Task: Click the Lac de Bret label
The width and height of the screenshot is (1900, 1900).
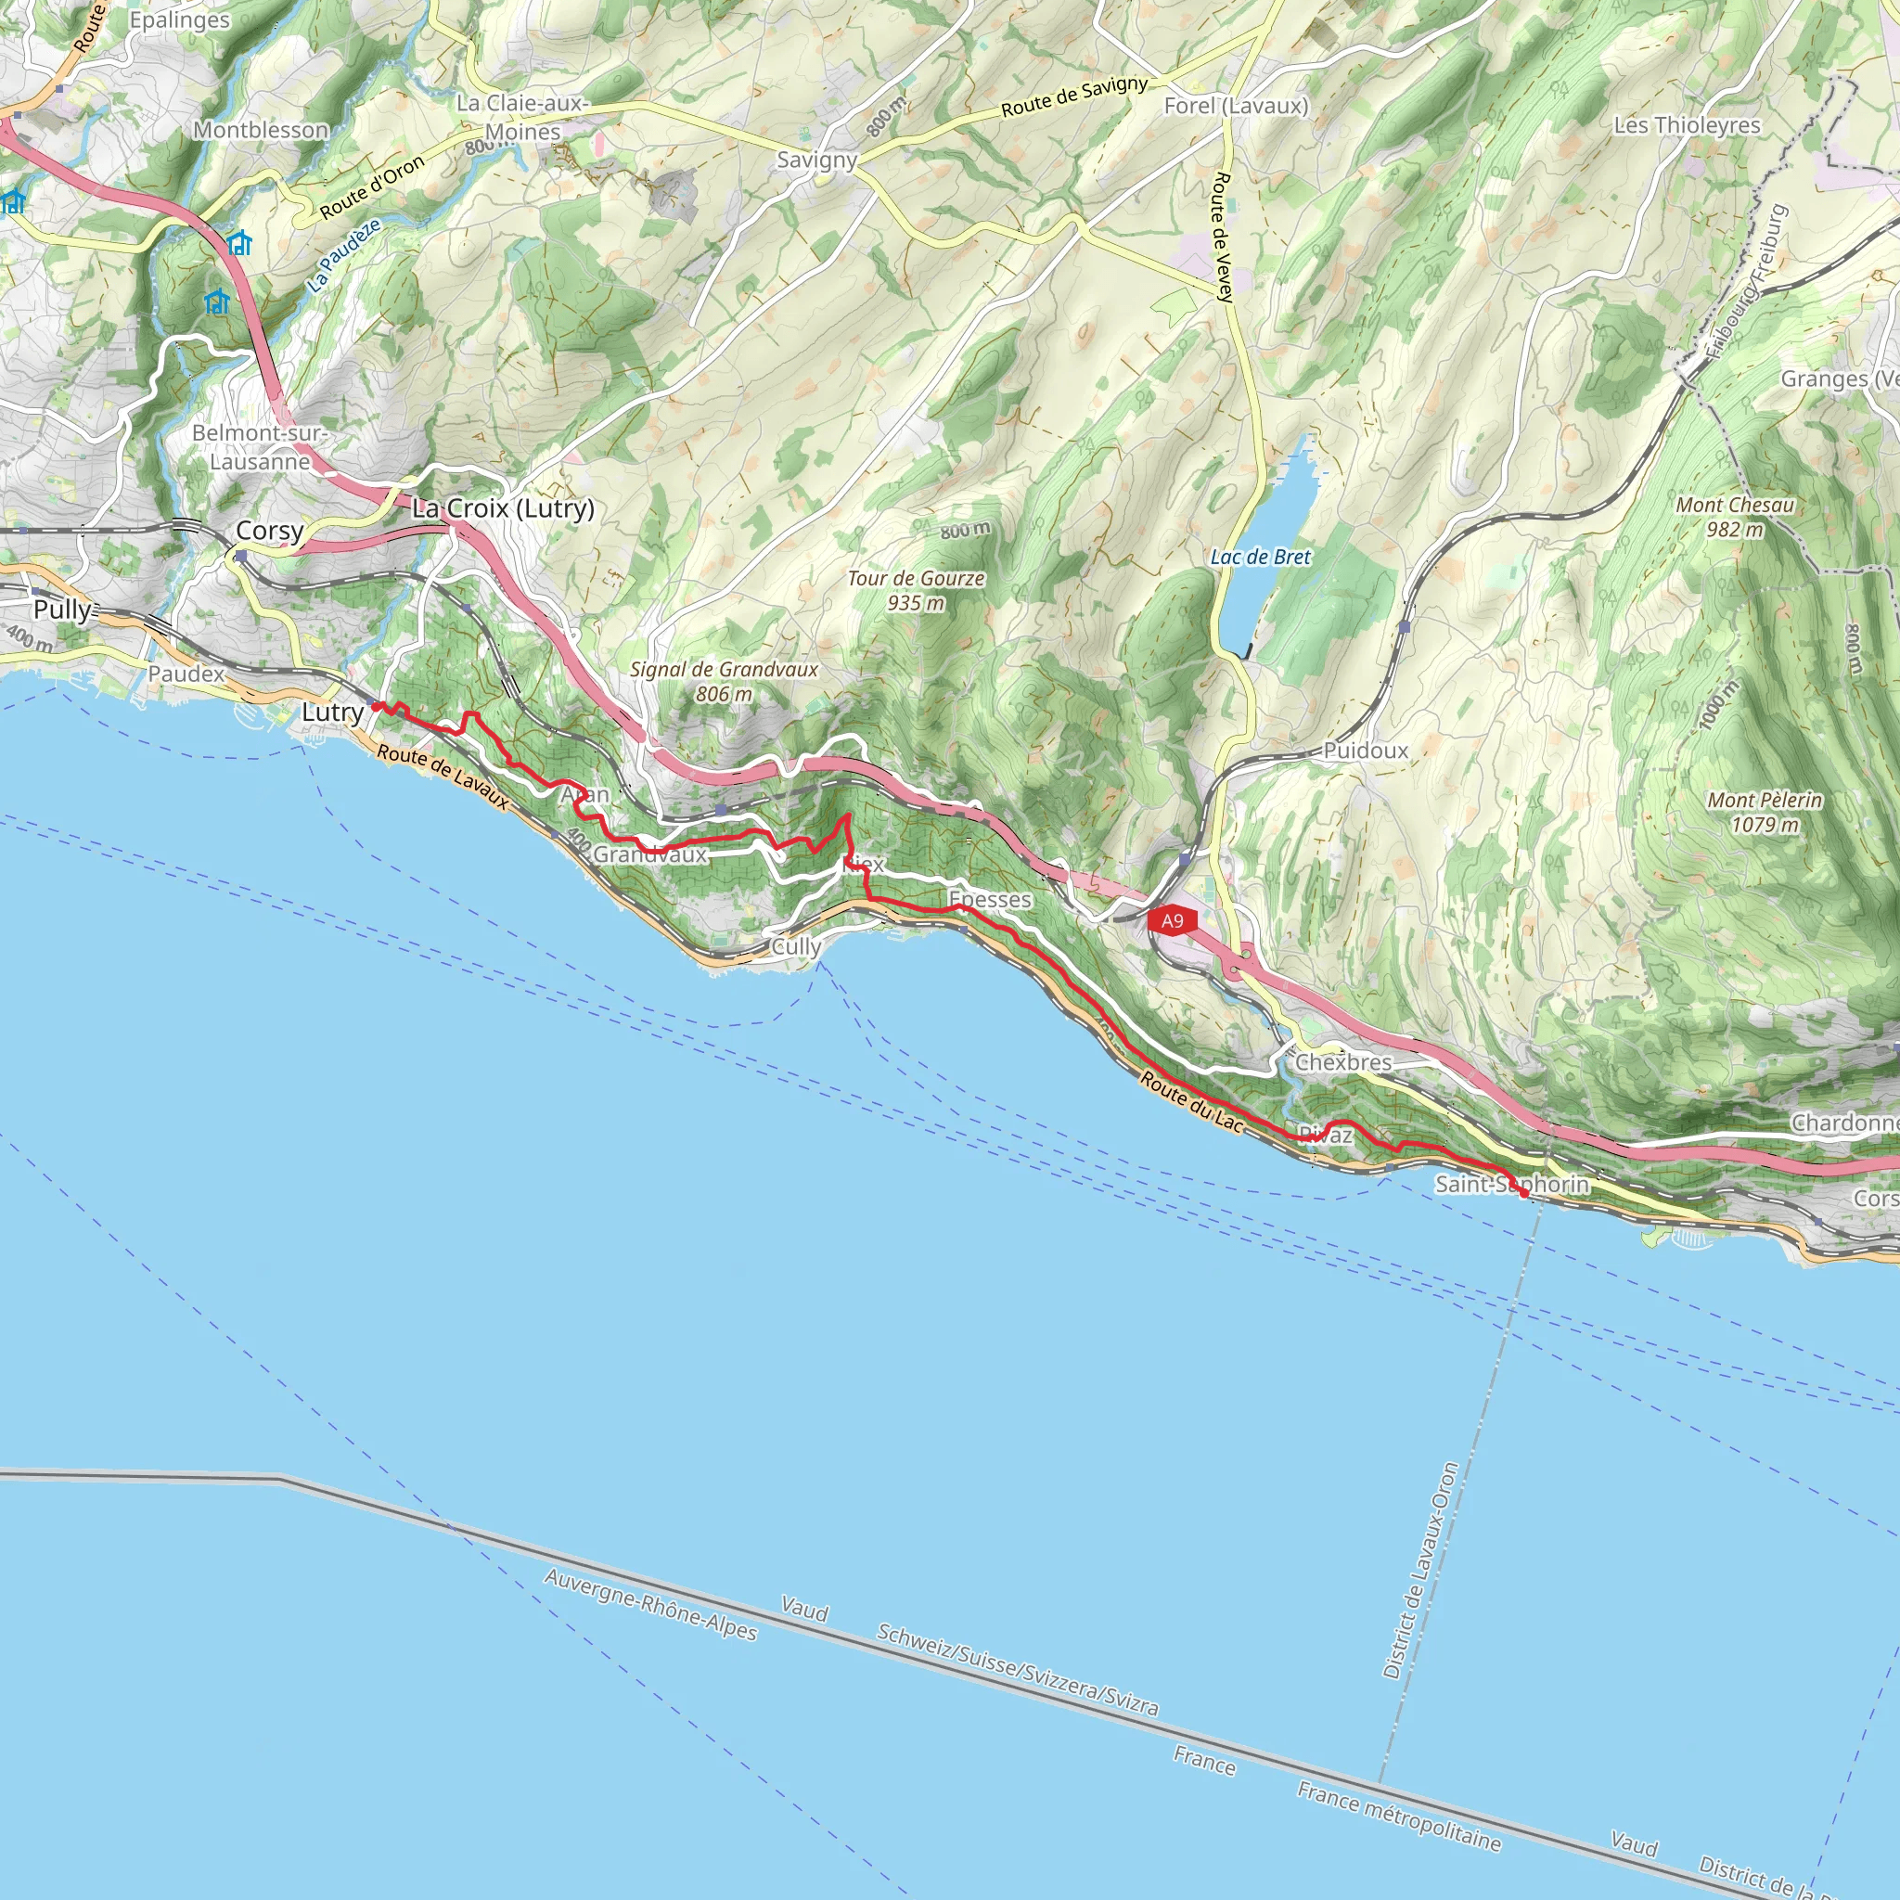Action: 1260,557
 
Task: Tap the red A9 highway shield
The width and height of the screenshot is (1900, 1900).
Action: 1172,920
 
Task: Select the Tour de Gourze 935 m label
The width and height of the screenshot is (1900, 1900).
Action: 916,590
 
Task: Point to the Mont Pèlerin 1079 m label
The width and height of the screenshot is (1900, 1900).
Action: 1765,813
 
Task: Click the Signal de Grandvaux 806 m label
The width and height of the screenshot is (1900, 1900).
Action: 724,681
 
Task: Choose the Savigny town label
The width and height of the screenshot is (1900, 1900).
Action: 816,160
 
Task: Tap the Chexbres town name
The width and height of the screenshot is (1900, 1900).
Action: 1342,1062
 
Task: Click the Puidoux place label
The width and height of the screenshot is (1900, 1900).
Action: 1365,751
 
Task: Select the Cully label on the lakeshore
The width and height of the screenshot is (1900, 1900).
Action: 796,946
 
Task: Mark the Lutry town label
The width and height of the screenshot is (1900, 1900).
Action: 332,712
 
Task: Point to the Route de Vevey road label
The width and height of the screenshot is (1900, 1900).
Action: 1223,236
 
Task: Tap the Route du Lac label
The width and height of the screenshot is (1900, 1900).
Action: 1192,1100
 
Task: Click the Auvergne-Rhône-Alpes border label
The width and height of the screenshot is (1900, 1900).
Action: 650,1605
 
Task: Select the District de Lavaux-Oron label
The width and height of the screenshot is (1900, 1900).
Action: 1420,1571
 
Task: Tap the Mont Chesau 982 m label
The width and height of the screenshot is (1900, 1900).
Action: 1735,517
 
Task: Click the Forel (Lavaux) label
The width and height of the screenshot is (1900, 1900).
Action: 1235,105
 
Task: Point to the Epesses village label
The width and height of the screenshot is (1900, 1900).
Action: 989,899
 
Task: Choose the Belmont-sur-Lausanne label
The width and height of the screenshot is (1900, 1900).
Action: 260,446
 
